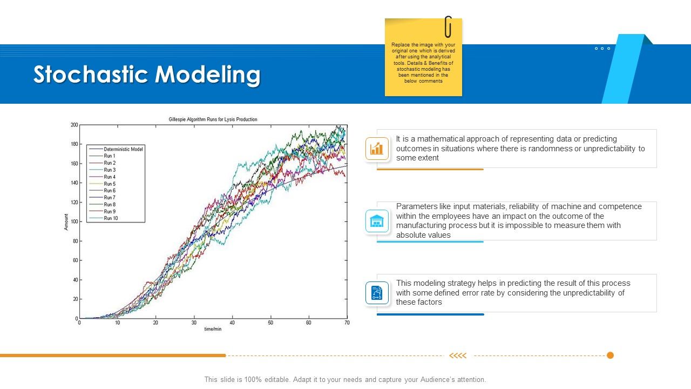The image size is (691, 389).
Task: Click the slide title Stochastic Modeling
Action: pyautogui.click(x=147, y=75)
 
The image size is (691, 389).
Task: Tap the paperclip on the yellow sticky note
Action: pyautogui.click(x=448, y=27)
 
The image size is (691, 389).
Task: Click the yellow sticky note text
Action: pyautogui.click(x=423, y=63)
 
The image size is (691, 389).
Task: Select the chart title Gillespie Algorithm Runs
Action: pyautogui.click(x=213, y=119)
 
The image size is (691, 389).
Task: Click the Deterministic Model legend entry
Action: pyautogui.click(x=124, y=149)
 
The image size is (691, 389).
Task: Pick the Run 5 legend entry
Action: pyautogui.click(x=110, y=184)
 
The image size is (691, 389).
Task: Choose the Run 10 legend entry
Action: pyautogui.click(x=111, y=218)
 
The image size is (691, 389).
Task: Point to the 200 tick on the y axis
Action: pyautogui.click(x=74, y=125)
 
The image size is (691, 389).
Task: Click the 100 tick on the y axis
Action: pyautogui.click(x=74, y=222)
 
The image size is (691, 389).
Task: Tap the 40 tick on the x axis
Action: pyautogui.click(x=232, y=323)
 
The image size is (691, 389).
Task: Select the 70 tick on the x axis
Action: pyautogui.click(x=347, y=323)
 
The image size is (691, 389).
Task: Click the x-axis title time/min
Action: pyautogui.click(x=213, y=329)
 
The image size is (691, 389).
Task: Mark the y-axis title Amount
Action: pyautogui.click(x=66, y=222)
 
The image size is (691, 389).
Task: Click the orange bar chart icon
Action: pyautogui.click(x=377, y=149)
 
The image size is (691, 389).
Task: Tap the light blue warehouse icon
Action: pyautogui.click(x=377, y=221)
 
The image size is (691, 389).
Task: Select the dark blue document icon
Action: pyautogui.click(x=377, y=293)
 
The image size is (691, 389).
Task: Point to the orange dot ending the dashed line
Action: pyautogui.click(x=610, y=356)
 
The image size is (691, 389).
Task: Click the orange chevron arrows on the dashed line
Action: pyautogui.click(x=458, y=356)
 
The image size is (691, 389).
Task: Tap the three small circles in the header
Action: pyautogui.click(x=602, y=49)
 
